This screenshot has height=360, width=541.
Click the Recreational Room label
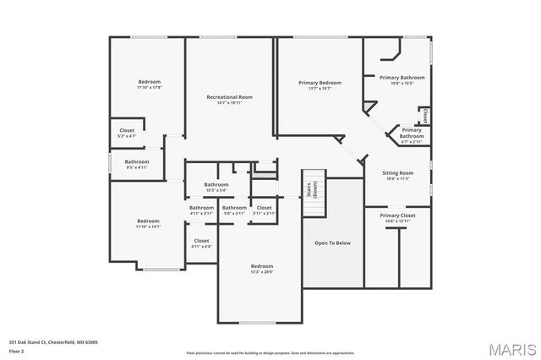pos(230,97)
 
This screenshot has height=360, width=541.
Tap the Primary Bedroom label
pos(320,83)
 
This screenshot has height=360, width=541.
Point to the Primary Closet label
pos(397,215)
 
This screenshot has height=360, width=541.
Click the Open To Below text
pos(332,243)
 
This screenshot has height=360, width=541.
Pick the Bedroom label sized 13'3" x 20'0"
pos(262,266)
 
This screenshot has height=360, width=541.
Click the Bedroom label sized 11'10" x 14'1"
pos(148,221)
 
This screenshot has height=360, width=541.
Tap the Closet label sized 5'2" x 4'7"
pos(127,131)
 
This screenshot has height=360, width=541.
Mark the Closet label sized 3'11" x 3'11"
pos(264,208)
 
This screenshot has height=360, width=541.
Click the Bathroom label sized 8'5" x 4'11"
pos(137,161)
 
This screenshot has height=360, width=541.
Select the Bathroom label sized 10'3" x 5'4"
pos(216,184)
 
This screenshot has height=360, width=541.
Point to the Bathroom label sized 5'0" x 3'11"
pos(234,208)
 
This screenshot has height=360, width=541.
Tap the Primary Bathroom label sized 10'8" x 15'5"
pos(402,78)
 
